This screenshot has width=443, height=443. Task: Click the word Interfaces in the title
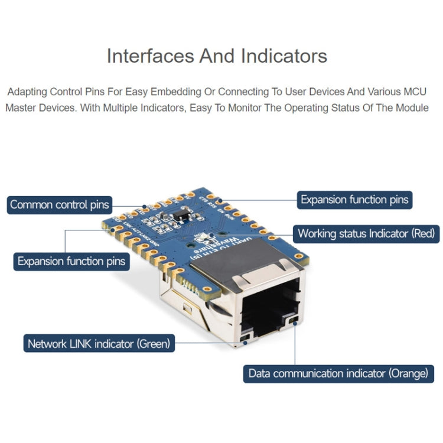click(149, 56)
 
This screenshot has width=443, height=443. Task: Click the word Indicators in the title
click(284, 56)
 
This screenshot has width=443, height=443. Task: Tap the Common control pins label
click(60, 205)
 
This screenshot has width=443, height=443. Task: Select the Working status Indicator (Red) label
click(366, 233)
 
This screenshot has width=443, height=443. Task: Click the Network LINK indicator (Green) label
click(99, 343)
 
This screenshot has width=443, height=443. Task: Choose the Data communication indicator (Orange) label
click(338, 373)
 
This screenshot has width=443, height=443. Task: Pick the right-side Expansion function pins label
click(354, 200)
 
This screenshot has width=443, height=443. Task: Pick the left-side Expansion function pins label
click(71, 261)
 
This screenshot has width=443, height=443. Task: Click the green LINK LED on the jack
click(246, 338)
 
